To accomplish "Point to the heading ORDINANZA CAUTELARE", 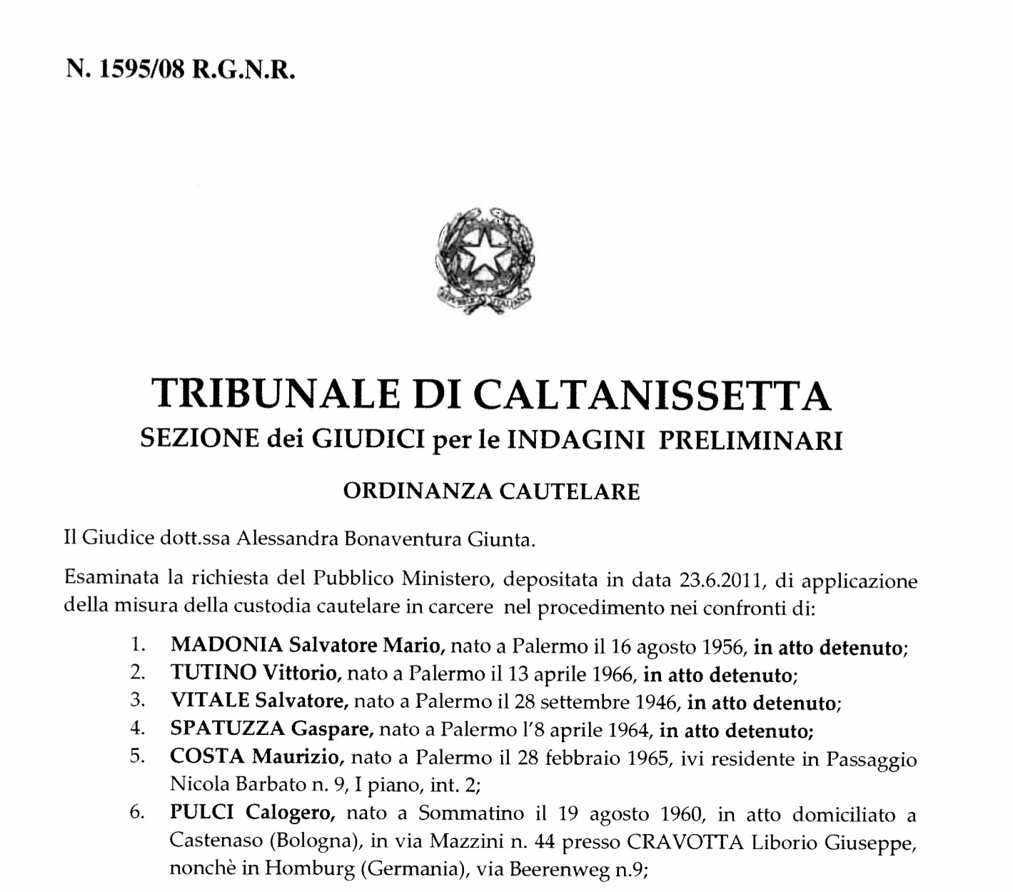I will click(491, 492).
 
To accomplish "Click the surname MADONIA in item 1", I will click(227, 647).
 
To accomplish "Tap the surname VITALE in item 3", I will click(210, 701).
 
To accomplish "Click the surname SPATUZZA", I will click(228, 729).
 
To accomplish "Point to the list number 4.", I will click(137, 729).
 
